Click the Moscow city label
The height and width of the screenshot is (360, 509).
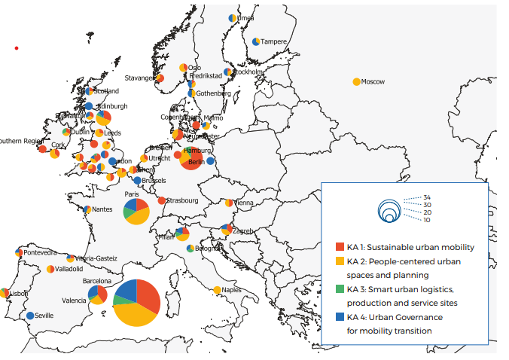[373, 81]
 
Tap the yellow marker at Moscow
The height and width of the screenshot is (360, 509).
[356, 81]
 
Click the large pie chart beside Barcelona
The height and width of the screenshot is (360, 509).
[136, 303]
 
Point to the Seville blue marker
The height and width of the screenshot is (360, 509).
[30, 316]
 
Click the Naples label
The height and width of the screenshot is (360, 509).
[232, 290]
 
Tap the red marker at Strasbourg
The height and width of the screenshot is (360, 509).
[162, 200]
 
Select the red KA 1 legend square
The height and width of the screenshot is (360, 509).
[340, 247]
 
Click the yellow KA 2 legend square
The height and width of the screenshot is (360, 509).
[340, 261]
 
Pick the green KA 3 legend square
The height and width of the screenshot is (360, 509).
[340, 289]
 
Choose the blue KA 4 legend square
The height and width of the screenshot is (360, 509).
[340, 317]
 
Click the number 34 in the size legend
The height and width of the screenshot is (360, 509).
[427, 197]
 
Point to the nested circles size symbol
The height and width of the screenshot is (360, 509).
[389, 211]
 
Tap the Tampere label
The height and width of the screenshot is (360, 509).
[274, 41]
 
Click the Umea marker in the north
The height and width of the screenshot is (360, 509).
[233, 18]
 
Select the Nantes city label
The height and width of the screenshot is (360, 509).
[102, 209]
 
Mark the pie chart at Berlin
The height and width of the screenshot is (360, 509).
[190, 159]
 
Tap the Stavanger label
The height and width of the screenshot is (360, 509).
[140, 78]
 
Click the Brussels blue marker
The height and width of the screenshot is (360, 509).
[137, 181]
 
